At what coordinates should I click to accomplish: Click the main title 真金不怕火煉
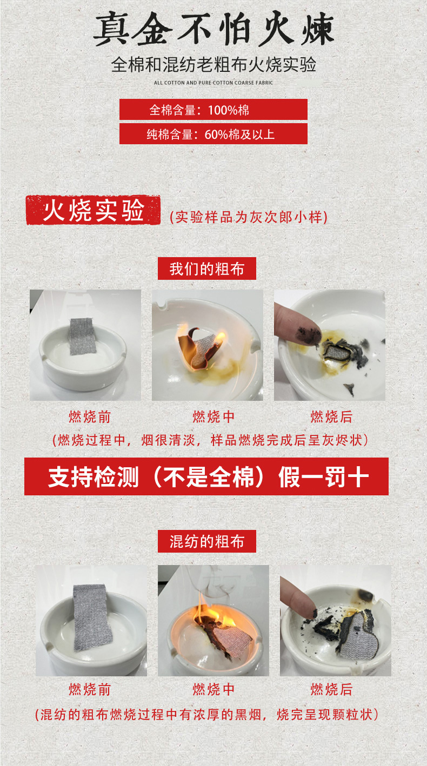(213, 28)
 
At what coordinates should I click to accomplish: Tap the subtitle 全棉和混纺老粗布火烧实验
(213, 64)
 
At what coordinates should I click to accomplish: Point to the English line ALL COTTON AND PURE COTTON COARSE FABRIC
(213, 83)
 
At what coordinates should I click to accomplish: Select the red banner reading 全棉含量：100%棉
(213, 110)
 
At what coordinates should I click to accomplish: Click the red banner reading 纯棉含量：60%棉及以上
(213, 134)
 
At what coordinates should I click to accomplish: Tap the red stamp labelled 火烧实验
(94, 210)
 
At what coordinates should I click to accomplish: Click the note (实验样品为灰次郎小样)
(249, 217)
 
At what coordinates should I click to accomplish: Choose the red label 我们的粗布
(206, 269)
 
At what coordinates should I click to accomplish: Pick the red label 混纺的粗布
(206, 541)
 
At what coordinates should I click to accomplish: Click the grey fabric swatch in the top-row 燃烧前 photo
(81, 337)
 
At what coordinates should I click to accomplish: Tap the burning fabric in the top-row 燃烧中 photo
(202, 349)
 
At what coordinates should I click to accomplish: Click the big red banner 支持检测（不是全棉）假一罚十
(206, 476)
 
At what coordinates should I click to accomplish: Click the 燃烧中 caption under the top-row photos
(213, 417)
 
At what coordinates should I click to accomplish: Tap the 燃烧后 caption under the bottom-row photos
(331, 689)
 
